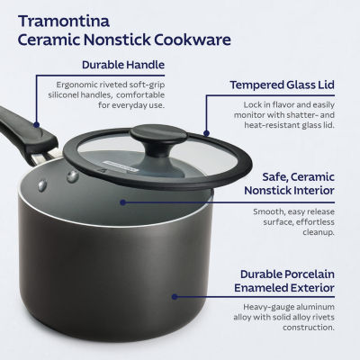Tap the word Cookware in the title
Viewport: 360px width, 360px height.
(x=192, y=40)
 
